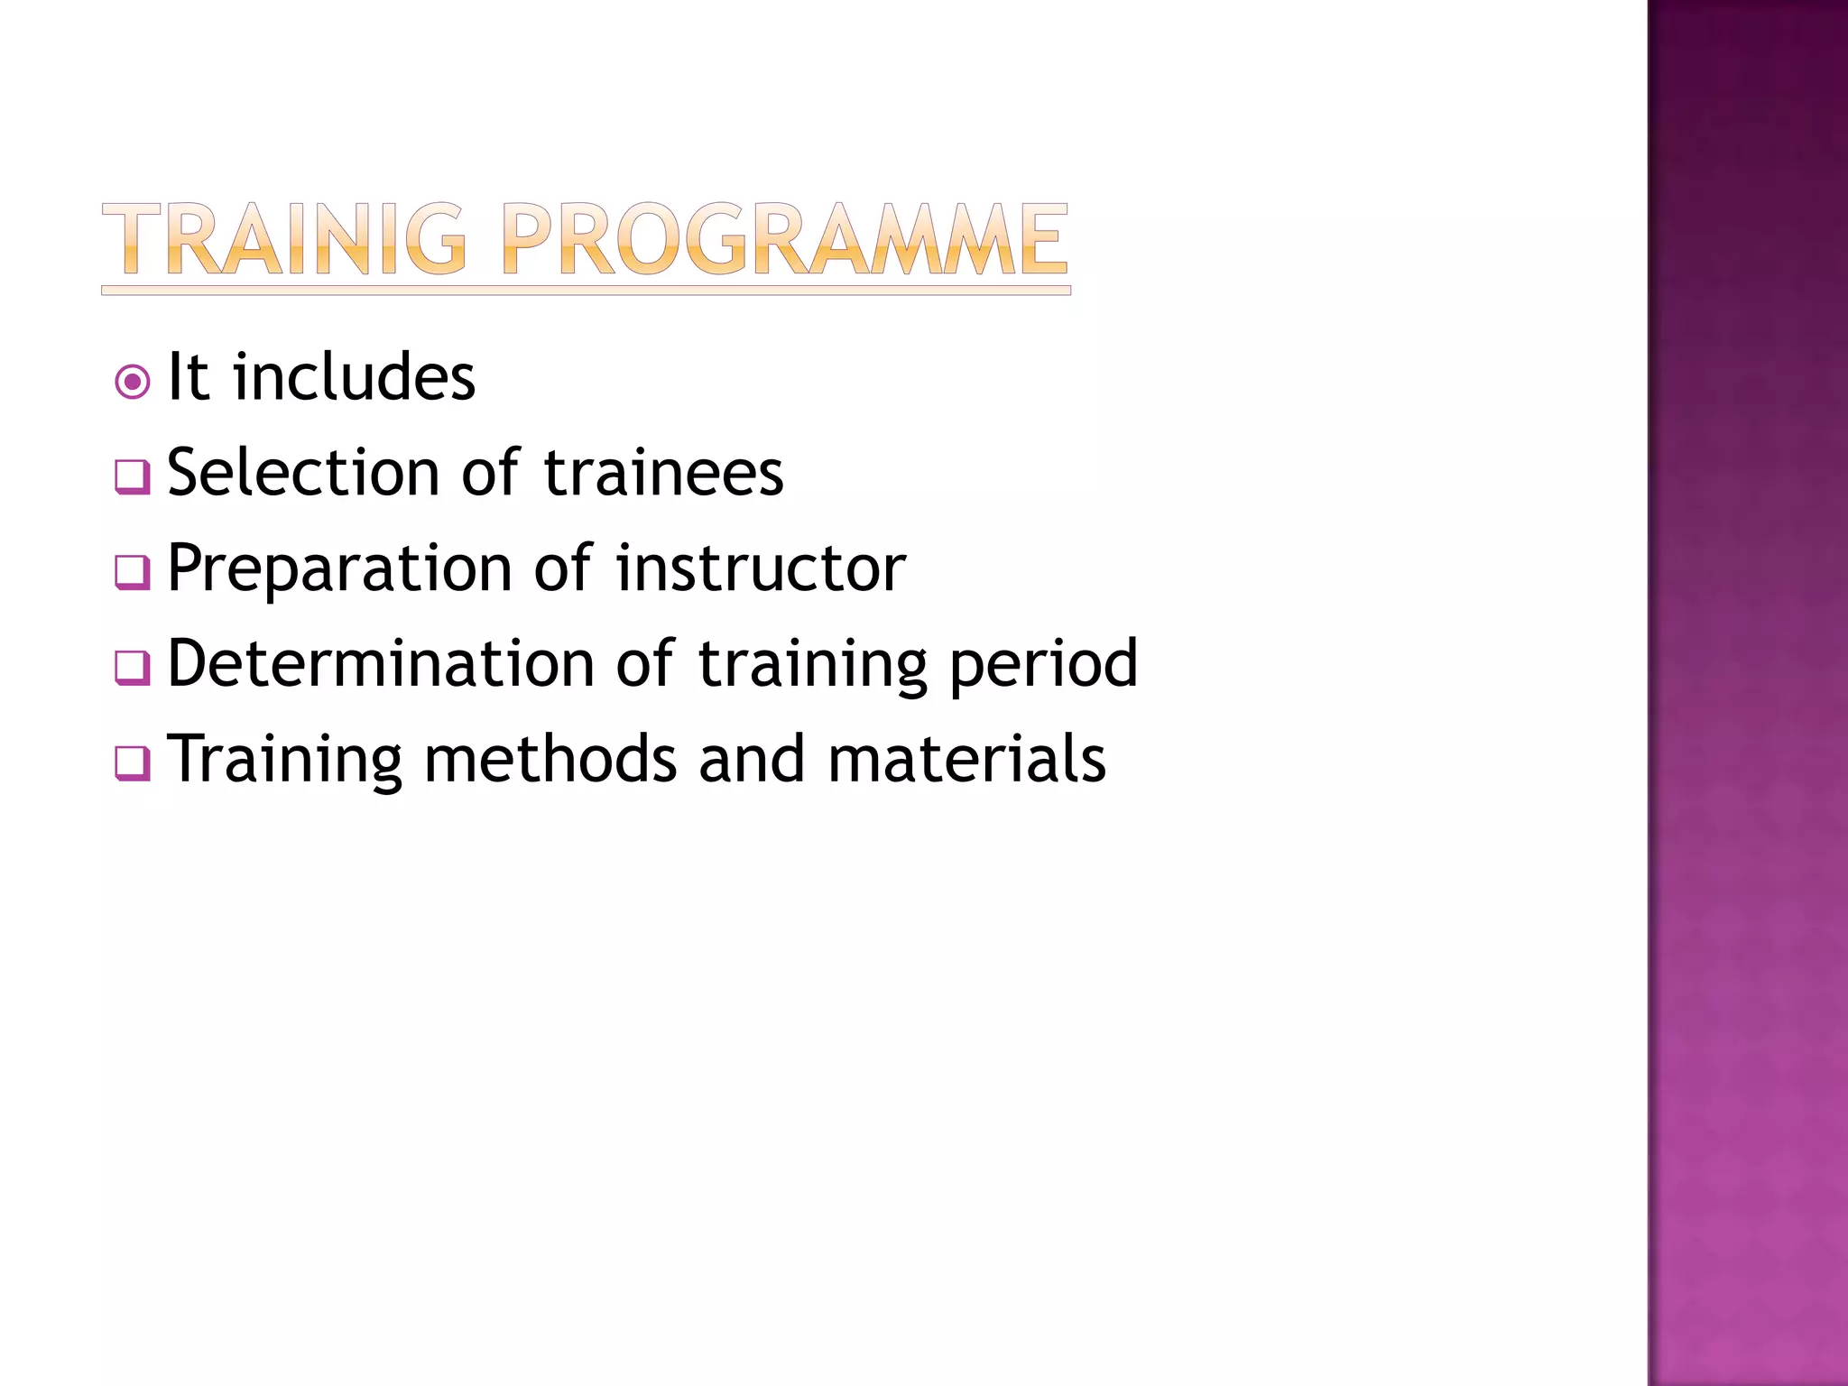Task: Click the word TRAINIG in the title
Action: coord(284,239)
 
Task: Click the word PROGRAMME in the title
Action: coord(784,239)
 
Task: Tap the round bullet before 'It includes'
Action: coord(133,383)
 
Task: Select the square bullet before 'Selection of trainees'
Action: coord(133,476)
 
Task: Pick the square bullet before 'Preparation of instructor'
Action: coord(133,572)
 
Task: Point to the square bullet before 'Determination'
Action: coord(133,668)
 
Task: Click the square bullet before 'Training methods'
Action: coord(133,763)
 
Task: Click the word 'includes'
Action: coord(354,377)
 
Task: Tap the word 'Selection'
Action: coord(303,473)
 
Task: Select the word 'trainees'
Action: coord(664,473)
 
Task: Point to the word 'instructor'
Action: coord(761,568)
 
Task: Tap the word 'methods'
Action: coord(550,759)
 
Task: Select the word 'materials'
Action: coord(966,759)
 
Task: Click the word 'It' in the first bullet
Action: coord(189,377)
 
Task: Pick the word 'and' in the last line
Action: coord(751,759)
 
